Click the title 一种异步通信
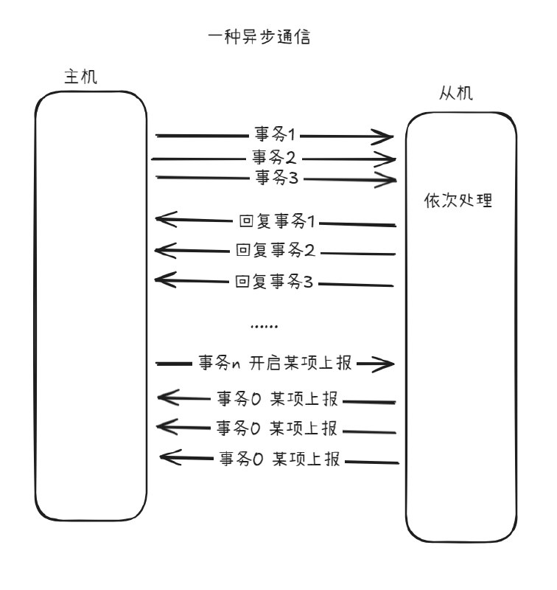259,37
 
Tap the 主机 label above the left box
81,77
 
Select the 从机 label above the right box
456,93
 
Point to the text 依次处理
458,200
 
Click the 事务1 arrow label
275,134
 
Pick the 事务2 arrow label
274,157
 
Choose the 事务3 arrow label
277,177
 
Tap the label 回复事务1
276,221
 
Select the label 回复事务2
275,250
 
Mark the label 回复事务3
274,282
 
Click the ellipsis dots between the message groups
264,326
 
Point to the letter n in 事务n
236,364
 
